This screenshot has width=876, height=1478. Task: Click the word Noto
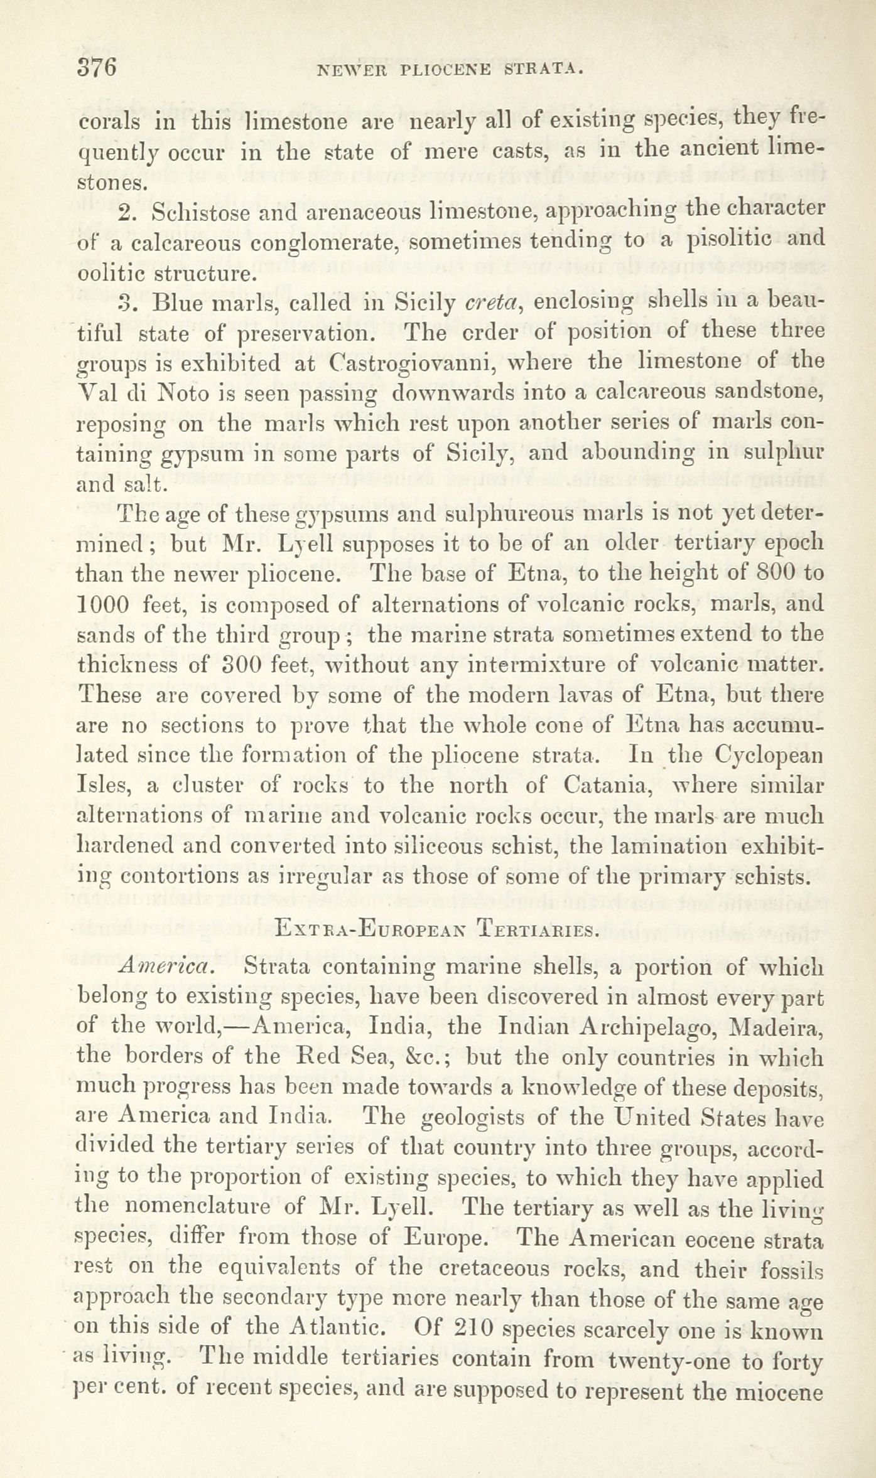(x=187, y=394)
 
